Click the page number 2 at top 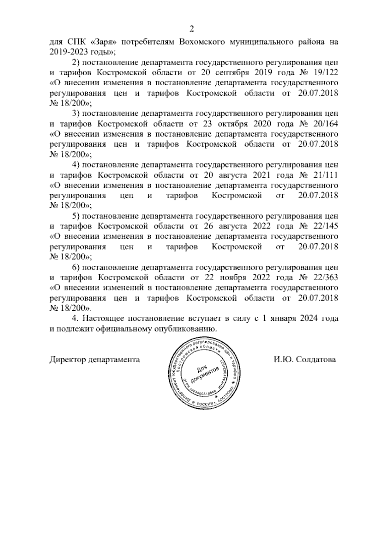click(191, 29)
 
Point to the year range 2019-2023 click(69, 52)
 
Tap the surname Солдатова click(316, 360)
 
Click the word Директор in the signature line click(68, 360)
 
